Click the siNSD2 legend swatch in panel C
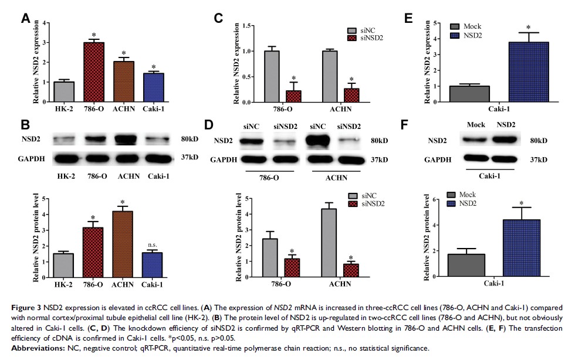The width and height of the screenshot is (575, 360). (x=352, y=39)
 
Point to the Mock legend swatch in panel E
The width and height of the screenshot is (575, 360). (x=455, y=26)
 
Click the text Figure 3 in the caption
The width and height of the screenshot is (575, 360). (x=27, y=308)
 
